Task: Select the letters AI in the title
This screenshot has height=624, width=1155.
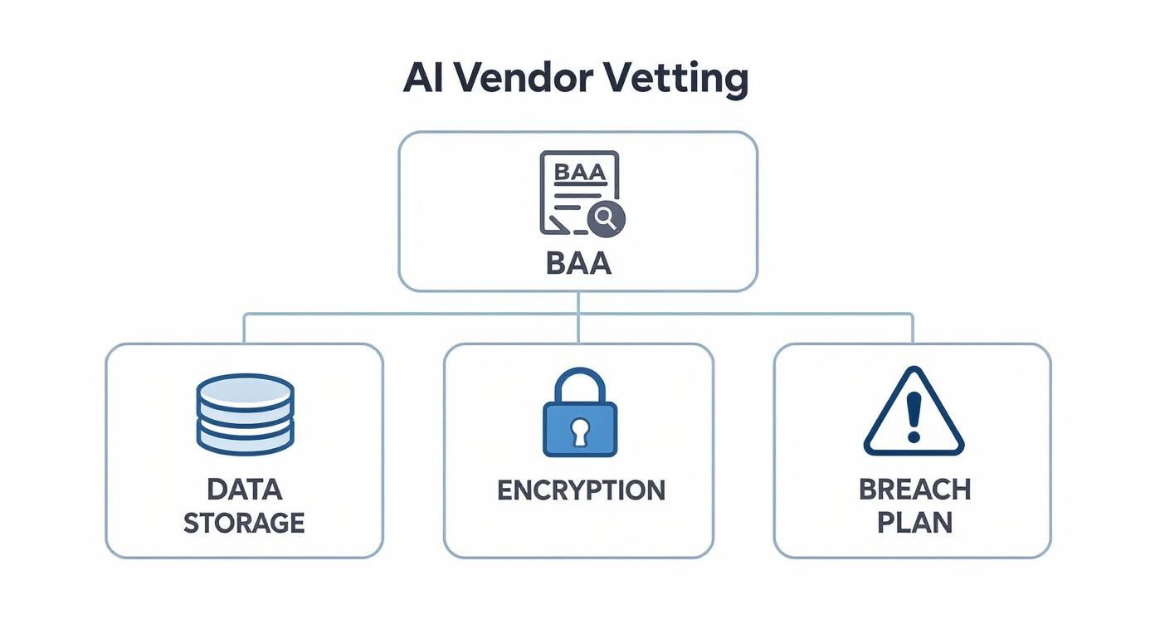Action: [425, 78]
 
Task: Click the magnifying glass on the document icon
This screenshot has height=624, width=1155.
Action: [606, 218]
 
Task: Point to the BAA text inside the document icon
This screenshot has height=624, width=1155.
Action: [578, 172]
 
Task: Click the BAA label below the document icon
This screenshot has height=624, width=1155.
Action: [578, 263]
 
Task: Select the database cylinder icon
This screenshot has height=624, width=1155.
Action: [245, 414]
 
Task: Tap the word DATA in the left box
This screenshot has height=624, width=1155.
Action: [244, 490]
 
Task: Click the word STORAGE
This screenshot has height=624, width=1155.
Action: [244, 523]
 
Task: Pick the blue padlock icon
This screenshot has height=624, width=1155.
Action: [579, 414]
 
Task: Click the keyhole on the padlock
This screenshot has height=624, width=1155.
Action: [579, 431]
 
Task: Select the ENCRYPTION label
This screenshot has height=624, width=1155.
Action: [580, 490]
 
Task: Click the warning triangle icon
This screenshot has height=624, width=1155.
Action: [913, 414]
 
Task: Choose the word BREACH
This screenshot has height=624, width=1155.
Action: [914, 490]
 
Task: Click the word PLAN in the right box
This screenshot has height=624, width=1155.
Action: [914, 523]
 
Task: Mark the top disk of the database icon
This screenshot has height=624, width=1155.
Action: [245, 389]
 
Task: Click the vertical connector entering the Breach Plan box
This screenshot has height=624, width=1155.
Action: [913, 329]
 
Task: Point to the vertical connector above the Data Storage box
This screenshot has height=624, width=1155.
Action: [244, 329]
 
